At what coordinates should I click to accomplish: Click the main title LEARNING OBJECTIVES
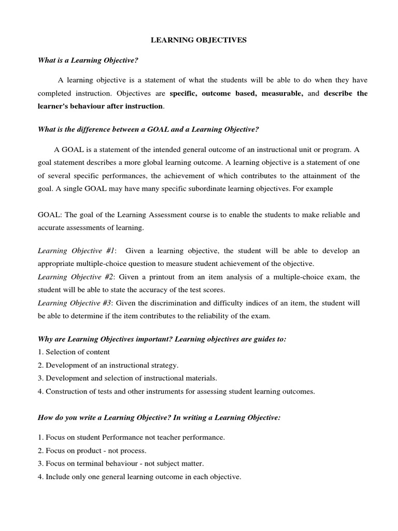198,40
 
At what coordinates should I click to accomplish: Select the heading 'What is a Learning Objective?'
88,60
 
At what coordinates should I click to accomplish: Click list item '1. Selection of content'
74,352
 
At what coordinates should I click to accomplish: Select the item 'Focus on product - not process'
92,450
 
